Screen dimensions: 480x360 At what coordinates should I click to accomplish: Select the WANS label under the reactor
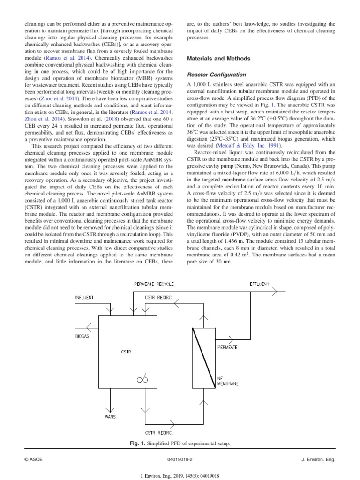click(x=111, y=416)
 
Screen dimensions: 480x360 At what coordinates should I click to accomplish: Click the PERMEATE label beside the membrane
click(x=227, y=347)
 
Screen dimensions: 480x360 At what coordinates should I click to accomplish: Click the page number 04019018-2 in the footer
click(x=180, y=460)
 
